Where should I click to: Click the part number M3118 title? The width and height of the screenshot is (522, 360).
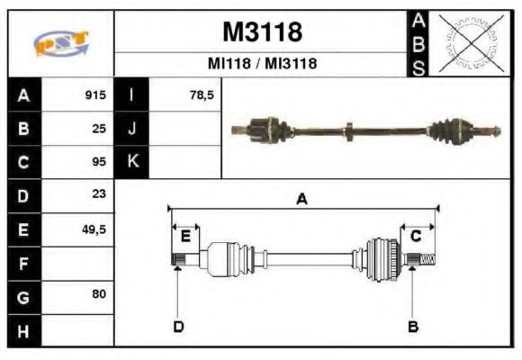pos(261,32)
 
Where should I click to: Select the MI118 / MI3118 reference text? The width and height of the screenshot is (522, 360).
pos(261,65)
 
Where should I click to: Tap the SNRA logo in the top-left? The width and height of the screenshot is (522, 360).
pos(60,43)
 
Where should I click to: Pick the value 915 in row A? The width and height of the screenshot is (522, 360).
pos(95,94)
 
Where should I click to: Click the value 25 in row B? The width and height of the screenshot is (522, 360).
pos(99,128)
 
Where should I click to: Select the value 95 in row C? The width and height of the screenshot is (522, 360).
pos(99,162)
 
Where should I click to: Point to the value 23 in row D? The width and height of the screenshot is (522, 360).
pos(99,194)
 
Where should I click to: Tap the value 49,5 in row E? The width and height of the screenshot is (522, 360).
pos(94,229)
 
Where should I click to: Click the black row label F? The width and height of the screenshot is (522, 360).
pos(23,263)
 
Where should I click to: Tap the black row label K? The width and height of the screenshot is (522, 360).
pos(131,162)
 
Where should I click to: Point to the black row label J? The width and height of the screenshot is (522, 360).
pos(131,128)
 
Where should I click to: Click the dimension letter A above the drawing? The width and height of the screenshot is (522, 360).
pos(302,200)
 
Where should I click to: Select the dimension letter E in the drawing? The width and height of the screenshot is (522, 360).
pos(185,236)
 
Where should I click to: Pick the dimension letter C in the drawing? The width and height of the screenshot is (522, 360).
pos(416,236)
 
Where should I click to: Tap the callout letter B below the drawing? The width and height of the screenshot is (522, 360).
pos(413,326)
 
